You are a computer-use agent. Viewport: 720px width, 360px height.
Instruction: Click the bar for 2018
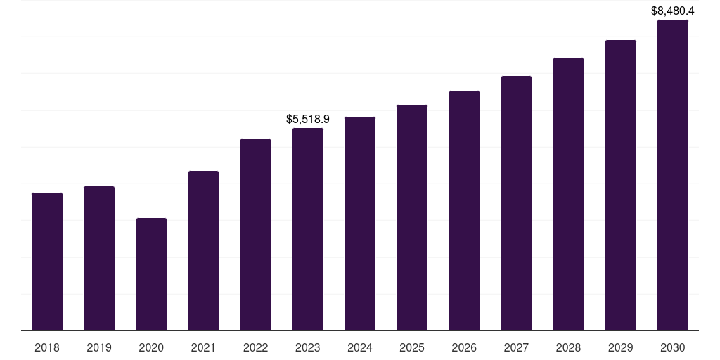(x=47, y=262)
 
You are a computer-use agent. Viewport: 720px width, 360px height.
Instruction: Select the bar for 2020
(x=152, y=274)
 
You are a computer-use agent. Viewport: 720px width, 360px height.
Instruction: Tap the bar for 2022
(x=255, y=235)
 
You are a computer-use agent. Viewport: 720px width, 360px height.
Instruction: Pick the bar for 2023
(x=308, y=229)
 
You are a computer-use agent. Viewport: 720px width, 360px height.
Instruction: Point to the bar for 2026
(x=464, y=211)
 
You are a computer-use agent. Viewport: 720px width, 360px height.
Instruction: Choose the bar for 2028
(x=568, y=194)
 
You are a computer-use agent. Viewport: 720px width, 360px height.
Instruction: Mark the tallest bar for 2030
(x=673, y=175)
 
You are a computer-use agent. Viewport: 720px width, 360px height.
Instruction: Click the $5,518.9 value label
(x=308, y=120)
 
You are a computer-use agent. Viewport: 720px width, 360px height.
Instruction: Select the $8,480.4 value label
(x=673, y=11)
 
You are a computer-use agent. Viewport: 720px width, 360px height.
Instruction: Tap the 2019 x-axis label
(x=99, y=348)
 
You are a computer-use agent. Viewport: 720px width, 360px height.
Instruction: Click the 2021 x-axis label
(x=203, y=348)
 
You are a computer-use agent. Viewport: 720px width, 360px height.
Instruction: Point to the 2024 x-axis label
(x=360, y=348)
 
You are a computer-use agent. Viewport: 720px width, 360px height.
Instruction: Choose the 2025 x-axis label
(x=412, y=348)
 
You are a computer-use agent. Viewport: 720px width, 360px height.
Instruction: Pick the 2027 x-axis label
(x=516, y=348)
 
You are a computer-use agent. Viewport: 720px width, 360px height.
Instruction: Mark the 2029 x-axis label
(x=621, y=348)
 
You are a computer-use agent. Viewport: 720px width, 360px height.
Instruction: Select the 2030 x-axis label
(x=673, y=348)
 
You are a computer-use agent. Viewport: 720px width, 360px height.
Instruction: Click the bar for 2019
(x=99, y=259)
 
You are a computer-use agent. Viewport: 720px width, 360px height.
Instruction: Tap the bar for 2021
(x=203, y=251)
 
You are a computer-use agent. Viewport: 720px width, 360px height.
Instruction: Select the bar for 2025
(x=412, y=218)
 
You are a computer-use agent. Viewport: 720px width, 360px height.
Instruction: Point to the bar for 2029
(x=621, y=186)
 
